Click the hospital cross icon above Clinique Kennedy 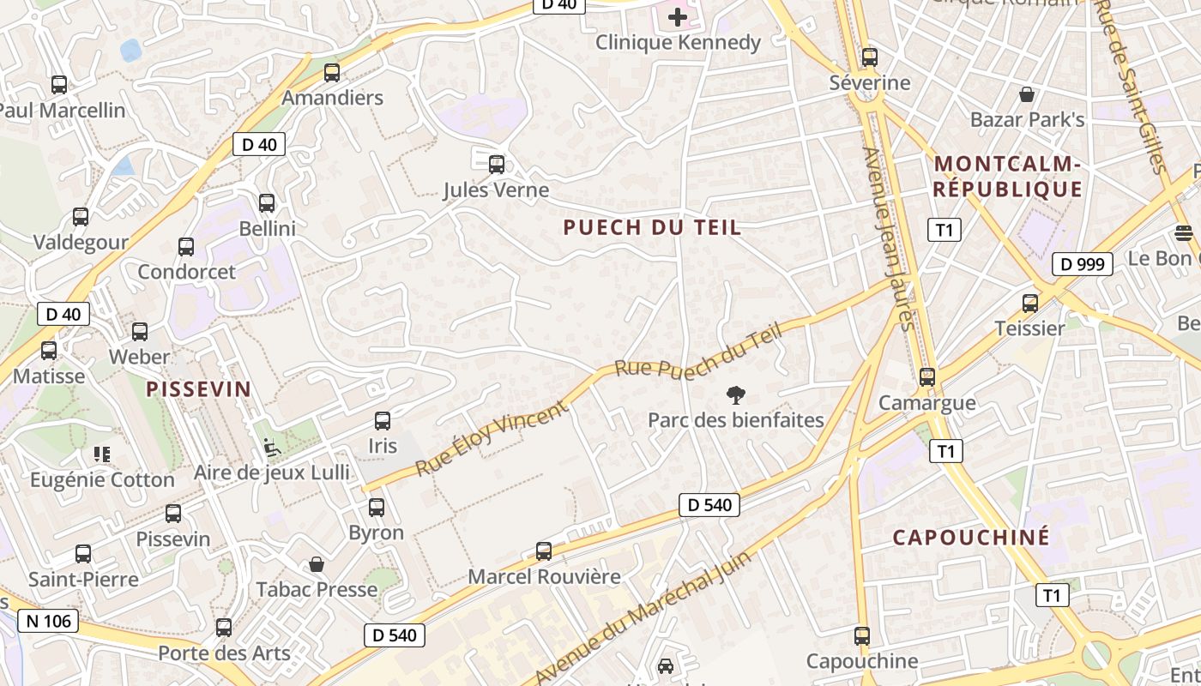coord(678,16)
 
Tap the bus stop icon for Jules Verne coord(496,164)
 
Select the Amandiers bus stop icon coord(332,73)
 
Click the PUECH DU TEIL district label coord(652,227)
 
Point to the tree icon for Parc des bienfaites coord(735,395)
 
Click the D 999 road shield coord(1082,264)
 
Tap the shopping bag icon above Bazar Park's coord(1027,94)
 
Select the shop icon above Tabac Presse coord(317,564)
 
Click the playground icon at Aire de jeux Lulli coord(271,447)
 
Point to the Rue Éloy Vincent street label coord(492,437)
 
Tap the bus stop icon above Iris coord(383,421)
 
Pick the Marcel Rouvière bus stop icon coord(544,551)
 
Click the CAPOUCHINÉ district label coord(971,538)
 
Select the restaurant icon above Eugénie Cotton coord(102,454)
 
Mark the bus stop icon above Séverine coord(870,57)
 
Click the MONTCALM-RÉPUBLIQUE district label coord(1008,176)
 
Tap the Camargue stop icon coord(926,376)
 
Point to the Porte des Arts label coord(224,653)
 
